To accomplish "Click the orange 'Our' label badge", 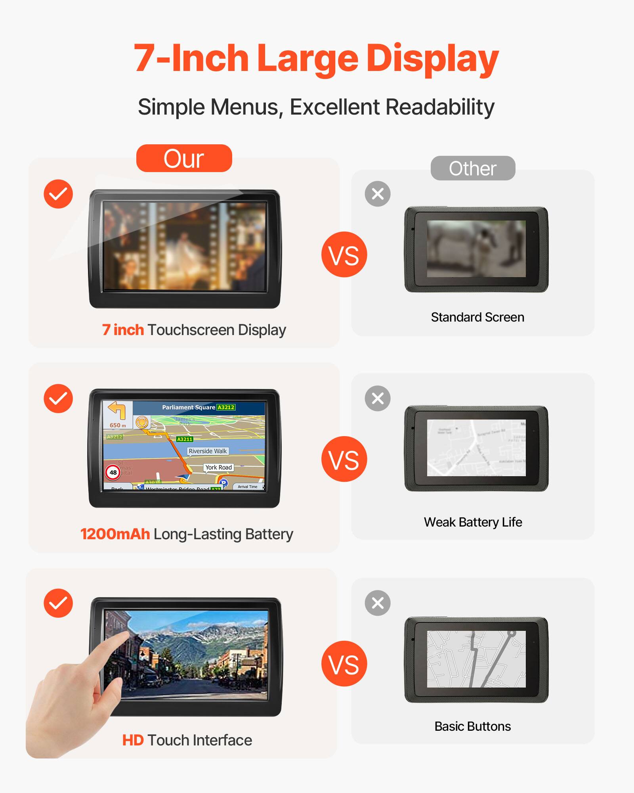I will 184,158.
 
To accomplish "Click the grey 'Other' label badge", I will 473,168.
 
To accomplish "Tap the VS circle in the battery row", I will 344,459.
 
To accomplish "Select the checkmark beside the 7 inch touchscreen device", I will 58,194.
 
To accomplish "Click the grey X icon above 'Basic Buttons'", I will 377,603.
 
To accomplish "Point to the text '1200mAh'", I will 115,534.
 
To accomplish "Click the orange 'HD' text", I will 133,740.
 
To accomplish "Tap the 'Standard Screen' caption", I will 477,317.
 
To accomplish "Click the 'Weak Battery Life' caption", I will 473,522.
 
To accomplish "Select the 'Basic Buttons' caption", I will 472,726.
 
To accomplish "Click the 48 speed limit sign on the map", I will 113,472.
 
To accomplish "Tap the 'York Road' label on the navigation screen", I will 218,467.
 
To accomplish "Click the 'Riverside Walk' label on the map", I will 208,451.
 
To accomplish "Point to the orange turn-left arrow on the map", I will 117,410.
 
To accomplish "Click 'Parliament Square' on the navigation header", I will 189,407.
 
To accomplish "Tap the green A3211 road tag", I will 185,439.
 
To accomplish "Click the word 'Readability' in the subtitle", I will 440,107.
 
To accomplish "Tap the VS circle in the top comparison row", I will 344,255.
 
